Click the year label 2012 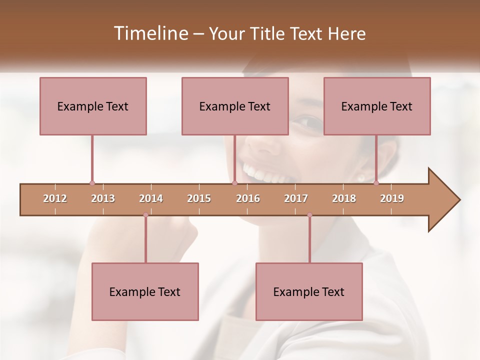tap(55, 198)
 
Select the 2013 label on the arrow tap(103, 198)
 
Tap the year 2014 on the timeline tap(151, 198)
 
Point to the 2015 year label tap(199, 198)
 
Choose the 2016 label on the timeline tap(248, 198)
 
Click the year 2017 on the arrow tap(296, 198)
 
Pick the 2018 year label tap(344, 198)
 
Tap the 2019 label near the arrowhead tap(392, 198)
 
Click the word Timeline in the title tap(149, 33)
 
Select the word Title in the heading tap(267, 33)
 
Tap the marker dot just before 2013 tap(92, 183)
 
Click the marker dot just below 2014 tap(145, 215)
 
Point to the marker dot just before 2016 tap(234, 183)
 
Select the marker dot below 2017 tap(309, 215)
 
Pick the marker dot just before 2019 tap(376, 183)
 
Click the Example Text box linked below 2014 tap(145, 291)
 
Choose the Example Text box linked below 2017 tap(309, 291)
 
